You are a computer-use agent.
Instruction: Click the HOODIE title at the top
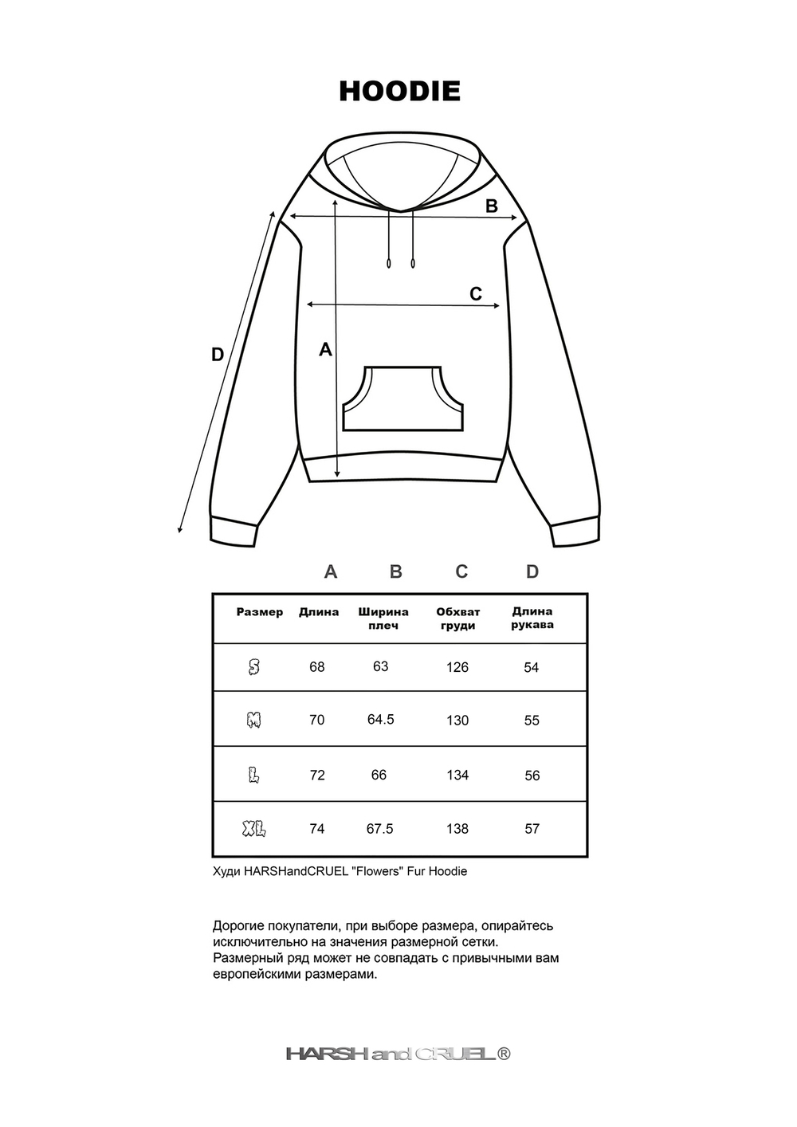(x=399, y=92)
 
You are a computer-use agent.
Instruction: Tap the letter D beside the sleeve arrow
(x=218, y=355)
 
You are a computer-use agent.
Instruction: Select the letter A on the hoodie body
(x=325, y=349)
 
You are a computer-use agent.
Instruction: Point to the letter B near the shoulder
(x=492, y=206)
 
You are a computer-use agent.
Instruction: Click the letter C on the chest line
(x=476, y=294)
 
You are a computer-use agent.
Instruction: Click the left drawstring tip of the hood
(x=389, y=262)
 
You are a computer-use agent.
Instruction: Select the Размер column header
(x=260, y=612)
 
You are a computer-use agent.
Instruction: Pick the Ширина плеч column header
(x=383, y=618)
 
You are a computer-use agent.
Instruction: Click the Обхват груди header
(x=457, y=618)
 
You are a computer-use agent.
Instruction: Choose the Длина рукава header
(x=532, y=618)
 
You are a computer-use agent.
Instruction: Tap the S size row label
(x=253, y=667)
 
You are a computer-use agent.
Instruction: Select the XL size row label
(x=253, y=829)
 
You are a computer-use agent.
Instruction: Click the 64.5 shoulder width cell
(x=381, y=720)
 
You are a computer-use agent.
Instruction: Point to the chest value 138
(x=457, y=829)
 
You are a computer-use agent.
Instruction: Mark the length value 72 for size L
(x=317, y=775)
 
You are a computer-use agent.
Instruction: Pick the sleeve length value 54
(x=532, y=667)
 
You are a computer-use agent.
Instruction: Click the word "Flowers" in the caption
(x=378, y=871)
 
